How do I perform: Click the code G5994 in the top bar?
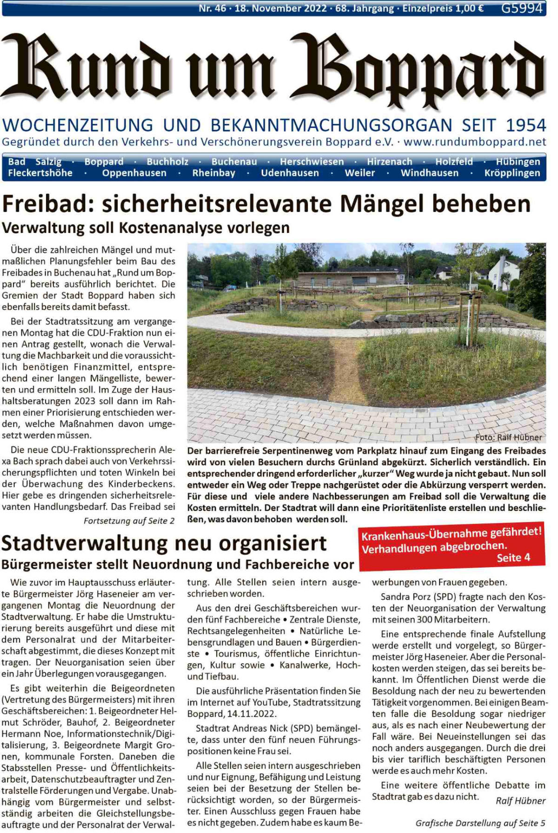pos(522,8)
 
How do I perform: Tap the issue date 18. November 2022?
pos(280,8)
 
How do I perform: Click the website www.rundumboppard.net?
pos(475,142)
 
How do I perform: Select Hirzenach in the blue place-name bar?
pos(389,162)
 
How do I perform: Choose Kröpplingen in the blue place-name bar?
pos(512,173)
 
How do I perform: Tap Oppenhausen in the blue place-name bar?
pos(134,173)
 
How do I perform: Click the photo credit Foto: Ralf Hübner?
pos(508,437)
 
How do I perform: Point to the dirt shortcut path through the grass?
pos(343,372)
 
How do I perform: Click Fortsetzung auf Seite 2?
pos(129,521)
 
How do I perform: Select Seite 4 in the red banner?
pos(513,558)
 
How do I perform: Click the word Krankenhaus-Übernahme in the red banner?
pos(411,535)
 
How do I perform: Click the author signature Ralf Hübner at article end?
pos(520,801)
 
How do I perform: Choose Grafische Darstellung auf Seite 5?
pos(480,823)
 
